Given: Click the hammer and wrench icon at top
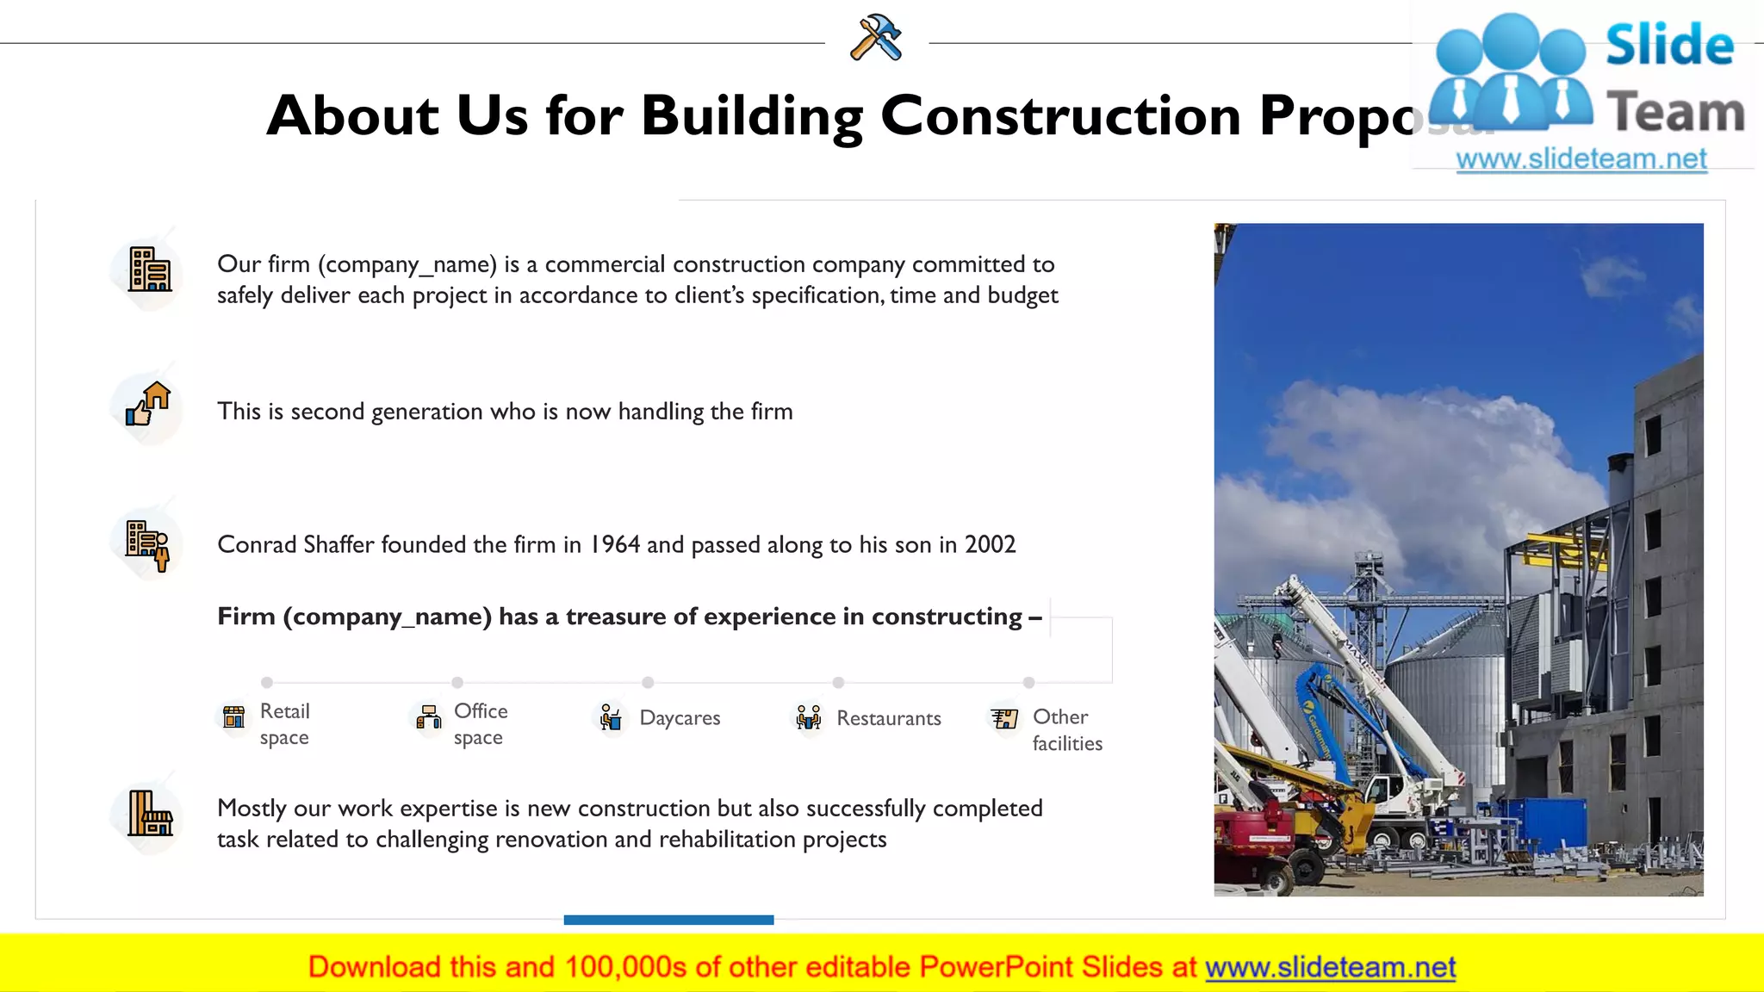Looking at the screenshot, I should pyautogui.click(x=876, y=38).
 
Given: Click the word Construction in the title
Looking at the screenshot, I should pyautogui.click(x=1060, y=115).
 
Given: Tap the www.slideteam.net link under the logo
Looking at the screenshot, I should pyautogui.click(x=1581, y=158).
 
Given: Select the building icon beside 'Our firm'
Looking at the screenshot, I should pyautogui.click(x=149, y=270).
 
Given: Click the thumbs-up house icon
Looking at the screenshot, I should pyautogui.click(x=148, y=404).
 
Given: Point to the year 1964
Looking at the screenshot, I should pyautogui.click(x=614, y=544).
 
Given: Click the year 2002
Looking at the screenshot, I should pyautogui.click(x=990, y=544).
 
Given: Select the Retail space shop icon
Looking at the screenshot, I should pyautogui.click(x=233, y=717).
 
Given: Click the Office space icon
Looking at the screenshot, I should pyautogui.click(x=428, y=716).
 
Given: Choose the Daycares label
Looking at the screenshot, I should pyautogui.click(x=680, y=718).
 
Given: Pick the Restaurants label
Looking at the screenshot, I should pyautogui.click(x=888, y=718).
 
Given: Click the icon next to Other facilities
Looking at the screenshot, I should pyautogui.click(x=1004, y=718).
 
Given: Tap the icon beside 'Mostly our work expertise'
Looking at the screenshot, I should pyautogui.click(x=150, y=814).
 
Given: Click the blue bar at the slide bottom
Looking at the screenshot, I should pyautogui.click(x=668, y=920).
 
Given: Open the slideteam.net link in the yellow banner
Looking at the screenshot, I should pyautogui.click(x=1330, y=967).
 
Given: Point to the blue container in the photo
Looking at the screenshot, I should pyautogui.click(x=1550, y=821).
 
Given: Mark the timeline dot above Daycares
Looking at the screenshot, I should pyautogui.click(x=648, y=682).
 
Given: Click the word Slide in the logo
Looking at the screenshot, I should pyautogui.click(x=1669, y=45).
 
